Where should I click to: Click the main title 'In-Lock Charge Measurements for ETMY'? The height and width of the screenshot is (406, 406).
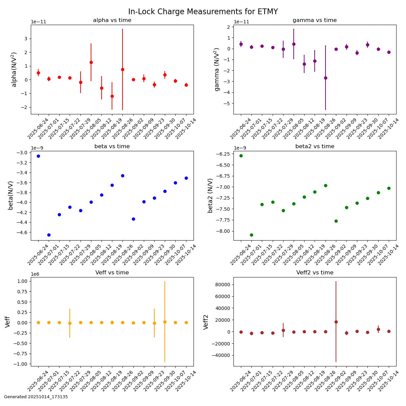click(203, 12)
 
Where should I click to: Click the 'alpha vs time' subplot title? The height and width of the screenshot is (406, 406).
click(112, 20)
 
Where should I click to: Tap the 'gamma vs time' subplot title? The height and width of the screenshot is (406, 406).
click(314, 20)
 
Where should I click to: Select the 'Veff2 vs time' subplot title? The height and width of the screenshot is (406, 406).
click(314, 273)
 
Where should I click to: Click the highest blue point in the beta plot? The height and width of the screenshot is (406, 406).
click(38, 156)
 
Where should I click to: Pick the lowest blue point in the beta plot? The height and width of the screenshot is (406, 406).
click(49, 235)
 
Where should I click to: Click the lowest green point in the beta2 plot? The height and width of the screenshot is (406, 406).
click(251, 235)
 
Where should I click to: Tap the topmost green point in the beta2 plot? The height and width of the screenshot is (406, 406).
click(241, 156)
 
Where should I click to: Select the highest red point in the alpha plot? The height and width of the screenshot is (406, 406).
click(91, 62)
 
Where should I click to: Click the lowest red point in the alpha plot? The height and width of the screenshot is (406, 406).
click(112, 96)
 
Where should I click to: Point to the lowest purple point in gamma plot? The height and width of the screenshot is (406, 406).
click(325, 78)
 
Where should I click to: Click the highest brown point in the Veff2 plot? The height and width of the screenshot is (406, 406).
click(336, 322)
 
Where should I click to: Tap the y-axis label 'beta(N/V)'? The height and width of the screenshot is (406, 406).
click(10, 195)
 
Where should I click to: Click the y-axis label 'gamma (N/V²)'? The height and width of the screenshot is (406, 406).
click(217, 69)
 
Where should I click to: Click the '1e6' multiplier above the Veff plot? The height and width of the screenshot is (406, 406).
click(35, 274)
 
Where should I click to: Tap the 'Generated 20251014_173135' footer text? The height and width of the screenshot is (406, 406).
click(36, 397)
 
